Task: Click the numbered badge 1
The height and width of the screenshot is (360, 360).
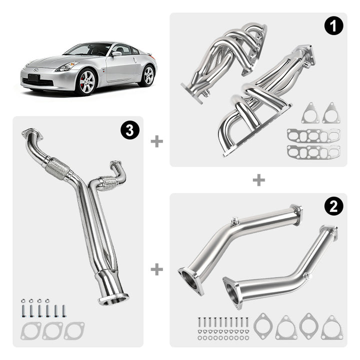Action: [333, 26]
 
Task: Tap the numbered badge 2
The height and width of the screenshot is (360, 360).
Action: [333, 205]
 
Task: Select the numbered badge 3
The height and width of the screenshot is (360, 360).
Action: [130, 130]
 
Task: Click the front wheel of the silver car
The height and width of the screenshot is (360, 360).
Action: [85, 81]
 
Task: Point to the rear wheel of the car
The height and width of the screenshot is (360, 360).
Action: [148, 75]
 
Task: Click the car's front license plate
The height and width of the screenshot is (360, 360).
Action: [33, 77]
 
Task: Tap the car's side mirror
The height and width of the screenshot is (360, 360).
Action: [116, 53]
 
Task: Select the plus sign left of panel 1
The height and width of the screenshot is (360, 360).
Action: [156, 141]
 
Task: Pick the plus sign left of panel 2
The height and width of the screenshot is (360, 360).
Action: [156, 269]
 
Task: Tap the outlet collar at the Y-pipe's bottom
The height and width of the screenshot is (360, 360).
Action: [113, 299]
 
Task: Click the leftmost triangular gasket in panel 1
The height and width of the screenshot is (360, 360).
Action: [310, 113]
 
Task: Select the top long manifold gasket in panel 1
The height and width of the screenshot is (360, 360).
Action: [313, 135]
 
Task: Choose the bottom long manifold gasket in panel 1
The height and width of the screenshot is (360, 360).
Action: [313, 151]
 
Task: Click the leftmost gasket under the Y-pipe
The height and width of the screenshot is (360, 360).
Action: [31, 330]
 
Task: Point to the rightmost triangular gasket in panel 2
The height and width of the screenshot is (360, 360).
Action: [331, 327]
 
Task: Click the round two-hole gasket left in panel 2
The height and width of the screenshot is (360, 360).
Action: [263, 325]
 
